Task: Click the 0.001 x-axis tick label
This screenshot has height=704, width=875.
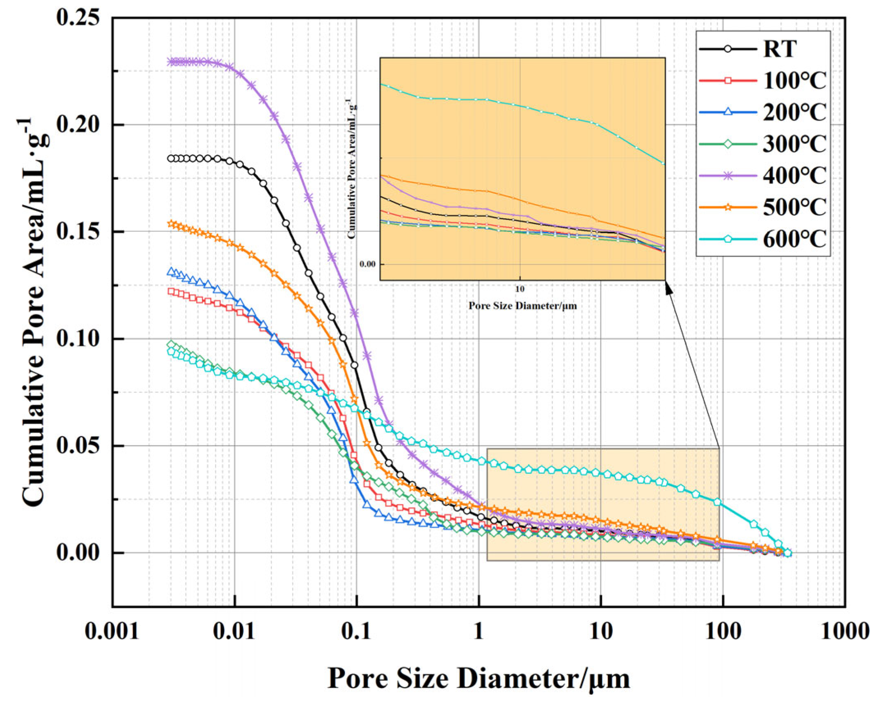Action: point(112,631)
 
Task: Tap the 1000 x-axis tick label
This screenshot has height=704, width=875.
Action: point(845,631)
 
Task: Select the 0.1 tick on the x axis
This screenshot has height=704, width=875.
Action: point(356,631)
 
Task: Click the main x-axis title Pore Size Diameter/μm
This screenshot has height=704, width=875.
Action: point(478,678)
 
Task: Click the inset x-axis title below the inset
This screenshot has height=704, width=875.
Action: point(522,306)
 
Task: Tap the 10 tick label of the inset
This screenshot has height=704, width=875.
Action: point(520,289)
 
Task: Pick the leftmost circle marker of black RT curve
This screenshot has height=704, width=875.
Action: point(171,158)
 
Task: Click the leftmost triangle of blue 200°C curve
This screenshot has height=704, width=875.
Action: point(171,271)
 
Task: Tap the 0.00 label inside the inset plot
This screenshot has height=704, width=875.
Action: point(367,264)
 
